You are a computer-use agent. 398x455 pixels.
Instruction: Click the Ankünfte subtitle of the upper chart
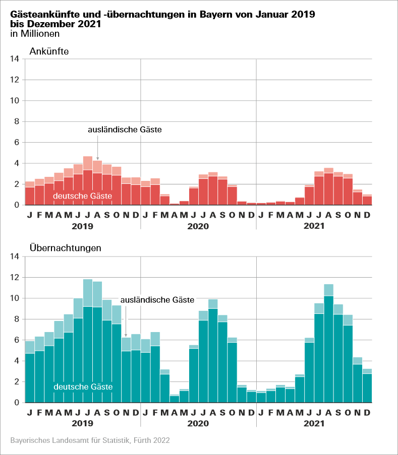[x=49, y=51]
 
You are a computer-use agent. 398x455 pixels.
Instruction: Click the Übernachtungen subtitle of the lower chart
[x=65, y=248]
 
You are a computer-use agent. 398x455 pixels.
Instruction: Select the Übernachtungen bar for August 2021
[x=329, y=348]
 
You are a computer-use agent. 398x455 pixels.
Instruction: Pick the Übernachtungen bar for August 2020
[x=213, y=355]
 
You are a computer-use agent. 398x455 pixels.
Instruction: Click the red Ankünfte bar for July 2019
[x=88, y=186]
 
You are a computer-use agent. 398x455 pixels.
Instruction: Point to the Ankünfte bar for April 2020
[x=175, y=204]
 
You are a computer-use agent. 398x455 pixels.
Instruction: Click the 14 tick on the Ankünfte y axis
[x=15, y=59]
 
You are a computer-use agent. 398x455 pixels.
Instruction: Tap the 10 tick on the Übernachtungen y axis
[x=15, y=298]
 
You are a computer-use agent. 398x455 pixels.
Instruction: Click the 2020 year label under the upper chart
[x=198, y=226]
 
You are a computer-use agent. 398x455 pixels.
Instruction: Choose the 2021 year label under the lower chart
[x=314, y=424]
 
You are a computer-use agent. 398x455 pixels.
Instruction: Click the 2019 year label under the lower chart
[x=83, y=424]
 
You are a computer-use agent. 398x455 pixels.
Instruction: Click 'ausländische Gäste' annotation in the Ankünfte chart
[x=125, y=130]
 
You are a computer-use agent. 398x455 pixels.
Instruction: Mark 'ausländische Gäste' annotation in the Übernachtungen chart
[x=157, y=300]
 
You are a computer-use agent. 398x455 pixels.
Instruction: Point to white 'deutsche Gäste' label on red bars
[x=82, y=196]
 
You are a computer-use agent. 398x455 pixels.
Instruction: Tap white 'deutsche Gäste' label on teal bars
[x=83, y=387]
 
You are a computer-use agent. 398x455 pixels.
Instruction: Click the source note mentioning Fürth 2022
[x=90, y=440]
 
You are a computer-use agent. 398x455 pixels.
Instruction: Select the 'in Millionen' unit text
[x=35, y=34]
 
